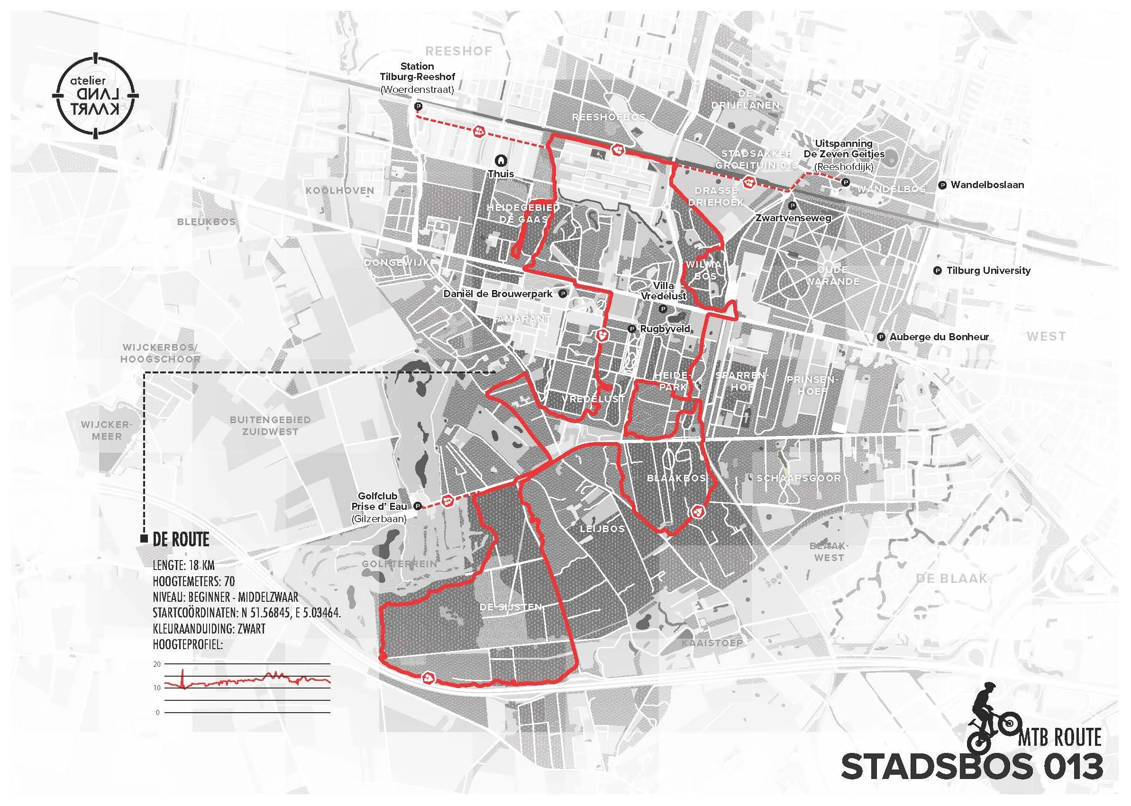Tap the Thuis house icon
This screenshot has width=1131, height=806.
(x=501, y=160)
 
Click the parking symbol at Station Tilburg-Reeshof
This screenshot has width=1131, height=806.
(x=418, y=106)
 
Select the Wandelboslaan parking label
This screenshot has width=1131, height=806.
(x=987, y=185)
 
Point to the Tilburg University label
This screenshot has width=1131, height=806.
(x=988, y=271)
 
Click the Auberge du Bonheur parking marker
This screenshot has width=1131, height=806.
(x=881, y=337)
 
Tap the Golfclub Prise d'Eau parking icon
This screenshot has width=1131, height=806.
(x=418, y=506)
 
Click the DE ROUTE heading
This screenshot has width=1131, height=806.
(x=181, y=540)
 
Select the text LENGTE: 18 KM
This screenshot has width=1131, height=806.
(x=184, y=565)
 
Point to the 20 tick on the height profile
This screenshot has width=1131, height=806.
(x=157, y=664)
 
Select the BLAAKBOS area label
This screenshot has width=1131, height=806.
(x=676, y=478)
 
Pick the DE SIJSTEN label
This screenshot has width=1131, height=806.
(x=511, y=607)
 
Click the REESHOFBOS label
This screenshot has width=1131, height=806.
(x=609, y=117)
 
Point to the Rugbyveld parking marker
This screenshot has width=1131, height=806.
(x=631, y=328)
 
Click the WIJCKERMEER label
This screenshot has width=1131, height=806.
(x=106, y=430)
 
